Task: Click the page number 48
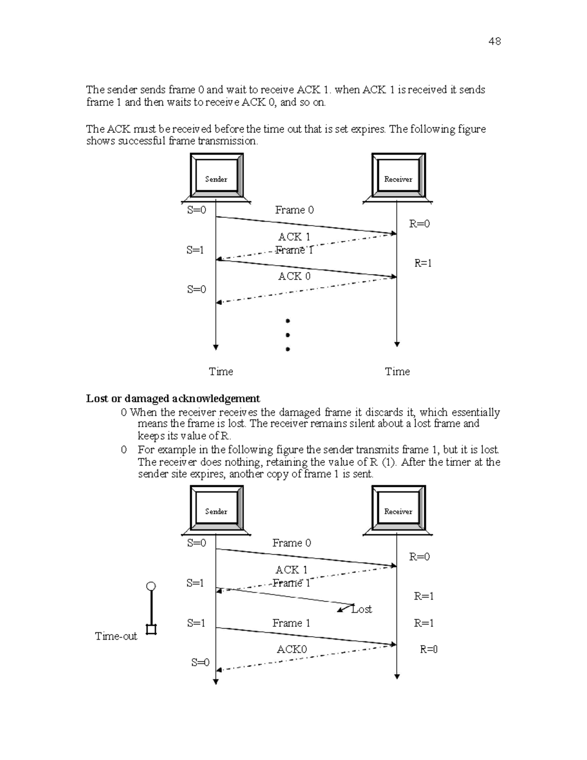click(494, 42)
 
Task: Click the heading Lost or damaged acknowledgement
click(173, 398)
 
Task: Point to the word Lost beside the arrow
click(362, 609)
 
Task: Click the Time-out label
click(116, 636)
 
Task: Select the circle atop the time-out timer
click(151, 586)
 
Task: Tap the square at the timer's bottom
click(151, 629)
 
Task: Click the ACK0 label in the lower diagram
click(292, 649)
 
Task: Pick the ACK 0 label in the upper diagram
click(294, 276)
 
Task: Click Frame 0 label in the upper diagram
click(294, 210)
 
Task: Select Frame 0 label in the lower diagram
click(292, 543)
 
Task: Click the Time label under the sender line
click(221, 371)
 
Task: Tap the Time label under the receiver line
click(397, 371)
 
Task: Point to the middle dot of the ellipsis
click(288, 335)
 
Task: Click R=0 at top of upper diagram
click(419, 224)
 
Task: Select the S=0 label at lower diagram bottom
click(200, 663)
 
